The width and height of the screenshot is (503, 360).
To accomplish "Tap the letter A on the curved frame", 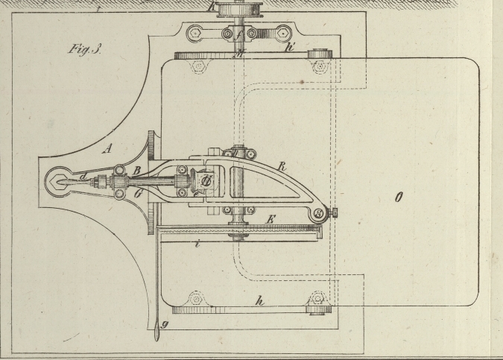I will [107, 148].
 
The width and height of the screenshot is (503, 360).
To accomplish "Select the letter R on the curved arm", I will [282, 167].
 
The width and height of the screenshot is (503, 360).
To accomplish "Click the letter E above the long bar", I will [271, 219].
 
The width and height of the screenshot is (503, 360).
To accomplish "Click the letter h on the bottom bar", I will [259, 301].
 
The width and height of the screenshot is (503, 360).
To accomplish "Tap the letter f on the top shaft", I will [237, 34].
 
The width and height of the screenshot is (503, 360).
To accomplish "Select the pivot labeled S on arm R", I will [318, 213].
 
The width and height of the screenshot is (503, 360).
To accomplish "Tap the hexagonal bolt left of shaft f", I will [196, 33].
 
